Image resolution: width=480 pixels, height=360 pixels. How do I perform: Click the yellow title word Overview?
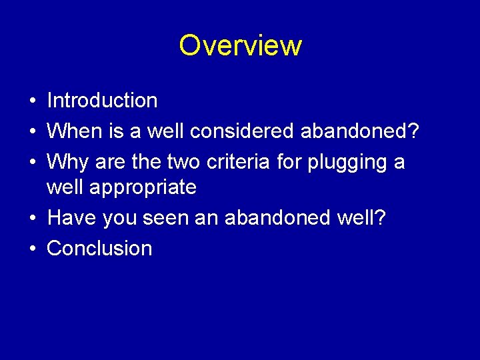[240, 46]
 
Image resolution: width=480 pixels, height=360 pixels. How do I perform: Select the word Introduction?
[102, 101]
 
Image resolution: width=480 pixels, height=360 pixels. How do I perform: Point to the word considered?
[243, 131]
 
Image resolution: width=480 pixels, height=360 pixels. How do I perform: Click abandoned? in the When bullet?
[360, 131]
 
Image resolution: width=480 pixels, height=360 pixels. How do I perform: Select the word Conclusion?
[99, 249]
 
